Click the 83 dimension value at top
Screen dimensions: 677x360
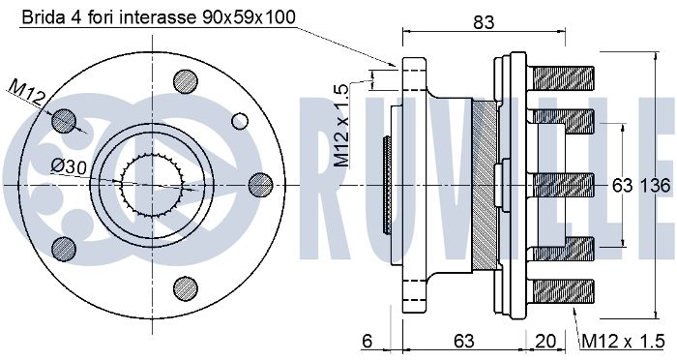coord(484,22)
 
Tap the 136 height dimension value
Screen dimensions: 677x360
coord(655,186)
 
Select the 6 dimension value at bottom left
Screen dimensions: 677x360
coord(367,342)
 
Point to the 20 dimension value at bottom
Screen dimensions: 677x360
coord(545,342)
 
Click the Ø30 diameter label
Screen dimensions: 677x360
coord(69,165)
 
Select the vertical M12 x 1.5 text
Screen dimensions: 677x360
coord(341,126)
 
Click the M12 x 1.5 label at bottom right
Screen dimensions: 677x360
coord(623,342)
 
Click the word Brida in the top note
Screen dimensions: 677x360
coord(42,17)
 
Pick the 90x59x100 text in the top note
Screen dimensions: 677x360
coord(249,17)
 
